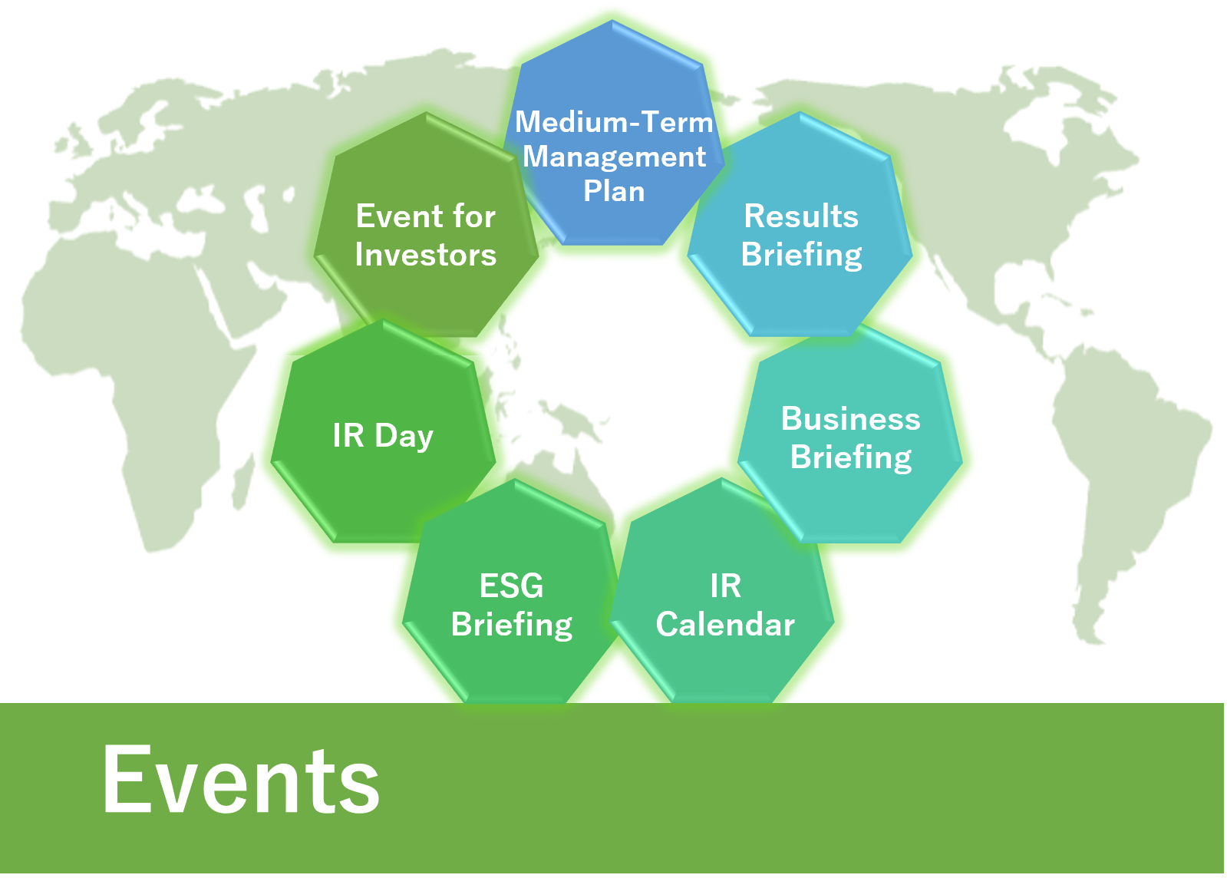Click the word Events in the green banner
point(241,779)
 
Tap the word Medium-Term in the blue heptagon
point(614,121)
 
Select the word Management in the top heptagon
point(614,158)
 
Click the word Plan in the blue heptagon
point(614,191)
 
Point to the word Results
point(801,216)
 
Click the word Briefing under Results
point(801,256)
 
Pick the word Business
point(851,419)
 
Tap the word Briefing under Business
point(851,458)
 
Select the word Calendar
point(725,625)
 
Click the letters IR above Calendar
point(726,586)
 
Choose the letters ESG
point(512,586)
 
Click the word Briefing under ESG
point(512,626)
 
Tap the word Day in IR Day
point(404,437)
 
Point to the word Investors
point(426,255)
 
